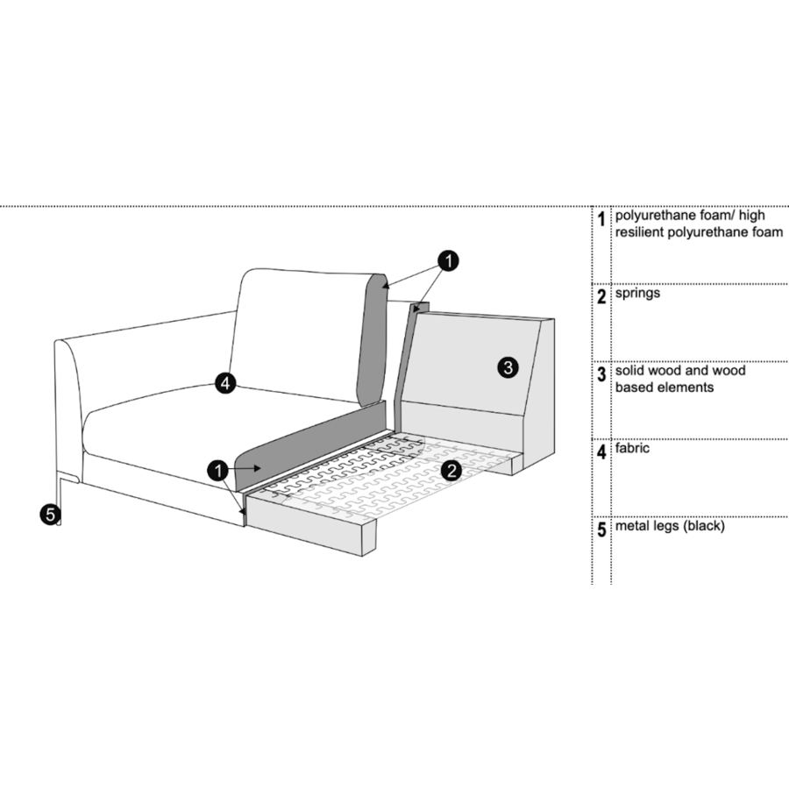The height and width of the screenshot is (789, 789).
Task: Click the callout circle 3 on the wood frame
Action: pos(508,367)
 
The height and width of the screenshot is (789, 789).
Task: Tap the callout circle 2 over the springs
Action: pos(451,471)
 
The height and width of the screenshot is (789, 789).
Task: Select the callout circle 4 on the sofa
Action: pos(225,383)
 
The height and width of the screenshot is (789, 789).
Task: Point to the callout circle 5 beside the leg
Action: pos(50,515)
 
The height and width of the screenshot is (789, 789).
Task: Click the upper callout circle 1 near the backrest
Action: pos(448,260)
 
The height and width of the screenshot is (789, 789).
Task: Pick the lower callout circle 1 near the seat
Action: pos(218,471)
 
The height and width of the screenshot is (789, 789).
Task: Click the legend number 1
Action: pos(601,219)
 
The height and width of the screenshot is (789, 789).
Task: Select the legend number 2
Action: pos(601,297)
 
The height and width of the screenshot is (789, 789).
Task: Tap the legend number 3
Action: pos(601,374)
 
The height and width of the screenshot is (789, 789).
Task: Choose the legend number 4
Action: pos(601,451)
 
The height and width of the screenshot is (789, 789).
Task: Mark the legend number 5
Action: pos(601,530)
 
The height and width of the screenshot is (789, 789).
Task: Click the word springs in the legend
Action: pos(637,294)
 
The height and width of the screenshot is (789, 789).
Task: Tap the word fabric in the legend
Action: pos(632,448)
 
